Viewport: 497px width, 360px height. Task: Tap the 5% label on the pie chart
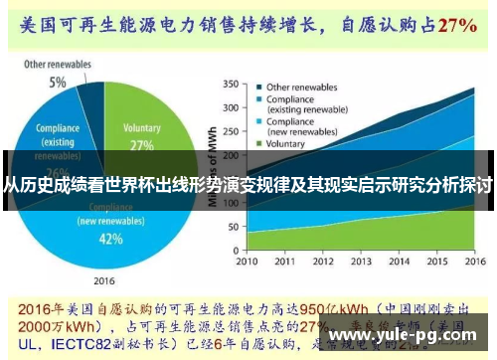coord(59,83)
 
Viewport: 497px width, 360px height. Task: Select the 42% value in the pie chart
coord(111,239)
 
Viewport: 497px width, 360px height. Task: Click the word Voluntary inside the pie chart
coord(141,128)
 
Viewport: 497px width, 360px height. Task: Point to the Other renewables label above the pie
coord(58,65)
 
